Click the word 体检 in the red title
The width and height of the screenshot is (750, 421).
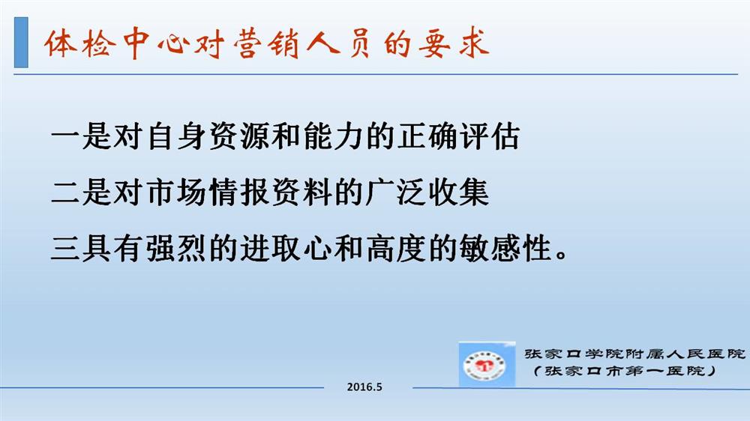pyautogui.click(x=80, y=44)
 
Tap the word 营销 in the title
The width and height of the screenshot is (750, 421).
pyautogui.click(x=266, y=44)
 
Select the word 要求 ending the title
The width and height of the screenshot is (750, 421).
pyautogui.click(x=454, y=44)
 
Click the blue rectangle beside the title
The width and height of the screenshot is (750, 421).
pyautogui.click(x=21, y=42)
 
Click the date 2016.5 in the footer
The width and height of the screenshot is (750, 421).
pyautogui.click(x=364, y=387)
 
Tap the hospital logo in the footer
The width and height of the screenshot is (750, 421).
pyautogui.click(x=487, y=364)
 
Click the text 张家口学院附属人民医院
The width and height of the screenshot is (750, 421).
pyautogui.click(x=634, y=354)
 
